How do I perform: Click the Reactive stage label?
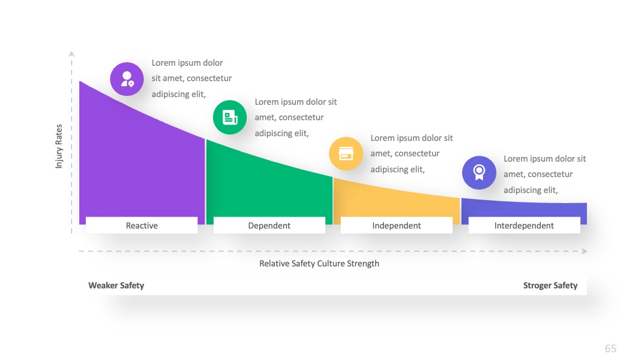coord(141,226)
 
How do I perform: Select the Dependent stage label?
coord(269,226)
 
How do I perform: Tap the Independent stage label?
coord(396,226)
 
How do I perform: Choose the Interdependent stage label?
coord(524,226)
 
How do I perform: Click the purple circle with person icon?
coord(127,79)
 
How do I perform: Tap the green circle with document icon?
coord(230,117)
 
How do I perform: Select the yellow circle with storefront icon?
coord(346,154)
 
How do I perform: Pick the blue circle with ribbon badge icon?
coord(479,172)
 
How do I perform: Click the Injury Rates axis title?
coord(59,146)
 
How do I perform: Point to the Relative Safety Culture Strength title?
coord(319,263)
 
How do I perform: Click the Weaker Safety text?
coord(116,285)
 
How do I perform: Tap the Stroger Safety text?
coord(550,285)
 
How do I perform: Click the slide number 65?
coord(611,349)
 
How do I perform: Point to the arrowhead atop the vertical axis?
coord(72,53)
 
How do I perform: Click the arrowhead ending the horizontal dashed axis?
coord(585,251)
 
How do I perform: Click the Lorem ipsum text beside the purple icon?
coord(192,78)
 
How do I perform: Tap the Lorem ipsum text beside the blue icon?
coord(544,174)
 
